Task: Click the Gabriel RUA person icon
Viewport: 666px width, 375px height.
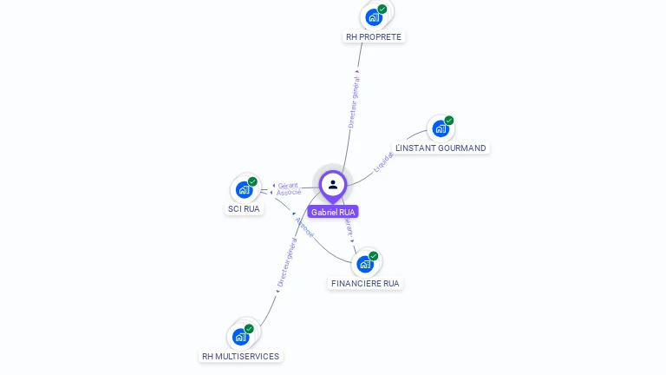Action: pyautogui.click(x=333, y=184)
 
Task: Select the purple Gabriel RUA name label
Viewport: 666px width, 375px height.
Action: pyautogui.click(x=333, y=212)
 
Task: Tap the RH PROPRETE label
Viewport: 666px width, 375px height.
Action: pyautogui.click(x=374, y=36)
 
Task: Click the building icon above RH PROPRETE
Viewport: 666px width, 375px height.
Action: pyautogui.click(x=374, y=16)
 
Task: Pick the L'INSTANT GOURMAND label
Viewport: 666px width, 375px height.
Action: pyautogui.click(x=441, y=148)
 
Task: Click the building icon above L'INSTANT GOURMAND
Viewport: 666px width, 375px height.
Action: pyautogui.click(x=441, y=128)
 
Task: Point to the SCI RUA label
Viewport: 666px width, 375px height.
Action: pyautogui.click(x=244, y=208)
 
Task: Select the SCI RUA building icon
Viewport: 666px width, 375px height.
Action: pyautogui.click(x=244, y=189)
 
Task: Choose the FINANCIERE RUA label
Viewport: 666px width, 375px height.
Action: pyautogui.click(x=366, y=283)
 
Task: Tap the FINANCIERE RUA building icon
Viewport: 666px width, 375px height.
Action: pyautogui.click(x=365, y=264)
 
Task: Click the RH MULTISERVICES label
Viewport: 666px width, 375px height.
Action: pyautogui.click(x=240, y=356)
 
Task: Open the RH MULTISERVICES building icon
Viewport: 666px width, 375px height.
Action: pyautogui.click(x=240, y=337)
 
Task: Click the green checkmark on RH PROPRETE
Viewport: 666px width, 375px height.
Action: pyautogui.click(x=382, y=9)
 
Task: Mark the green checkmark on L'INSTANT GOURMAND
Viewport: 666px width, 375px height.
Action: pyautogui.click(x=449, y=121)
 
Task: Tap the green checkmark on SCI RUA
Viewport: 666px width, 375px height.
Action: pyautogui.click(x=252, y=181)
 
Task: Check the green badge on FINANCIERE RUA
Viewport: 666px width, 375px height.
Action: pyautogui.click(x=374, y=256)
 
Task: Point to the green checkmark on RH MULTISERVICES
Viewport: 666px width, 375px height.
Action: pyautogui.click(x=249, y=329)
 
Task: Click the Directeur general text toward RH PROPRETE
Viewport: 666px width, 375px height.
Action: pyautogui.click(x=354, y=102)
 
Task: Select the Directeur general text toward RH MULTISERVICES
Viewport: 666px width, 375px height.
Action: pyautogui.click(x=285, y=264)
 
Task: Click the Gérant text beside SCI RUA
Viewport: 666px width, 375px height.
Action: pyautogui.click(x=288, y=185)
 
